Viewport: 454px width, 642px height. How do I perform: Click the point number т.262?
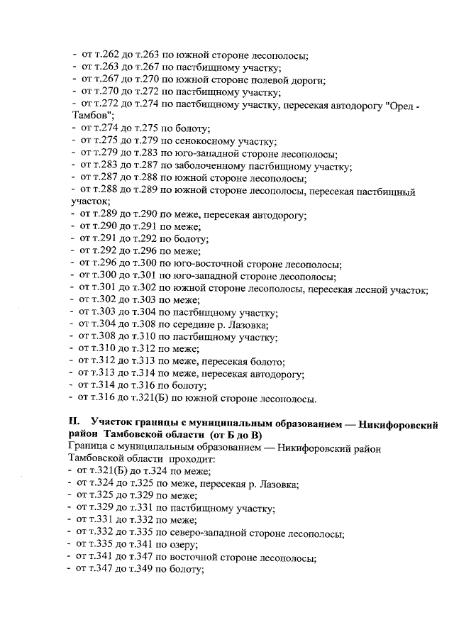point(106,55)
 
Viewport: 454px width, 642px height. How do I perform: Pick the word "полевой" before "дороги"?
point(267,79)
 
